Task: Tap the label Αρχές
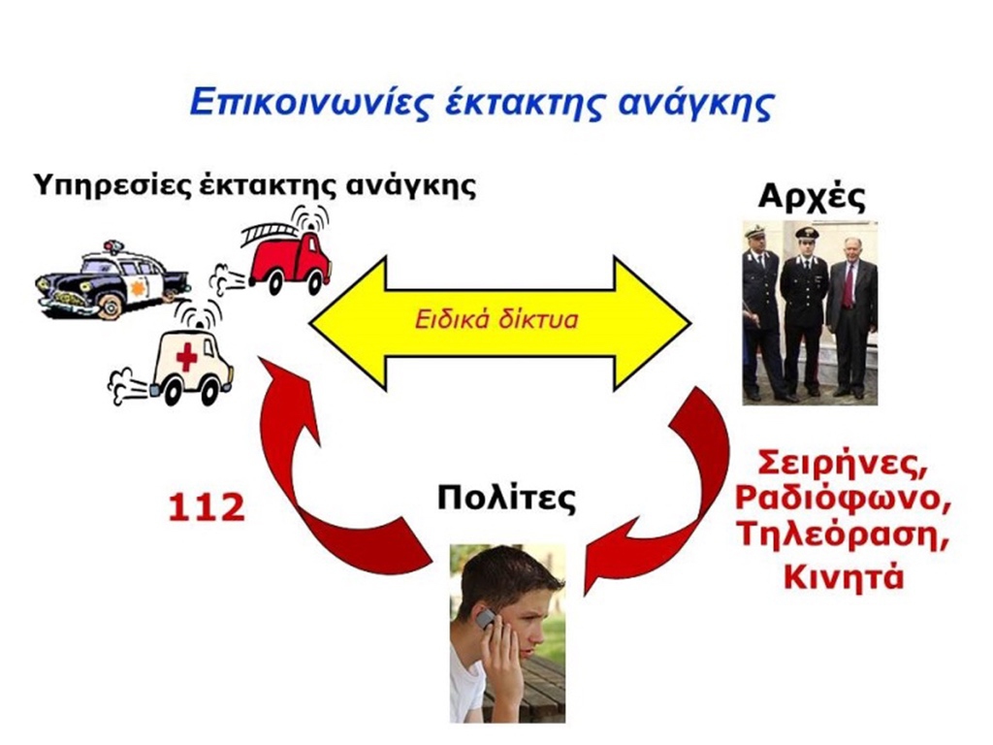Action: [x=812, y=197]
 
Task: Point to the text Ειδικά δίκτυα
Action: [x=496, y=319]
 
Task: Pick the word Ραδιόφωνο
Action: [x=843, y=499]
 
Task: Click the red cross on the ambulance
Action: [x=186, y=357]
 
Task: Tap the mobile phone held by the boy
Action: [x=486, y=619]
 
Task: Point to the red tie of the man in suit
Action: [x=848, y=286]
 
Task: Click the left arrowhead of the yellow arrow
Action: [x=347, y=324]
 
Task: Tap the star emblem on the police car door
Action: [x=136, y=288]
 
